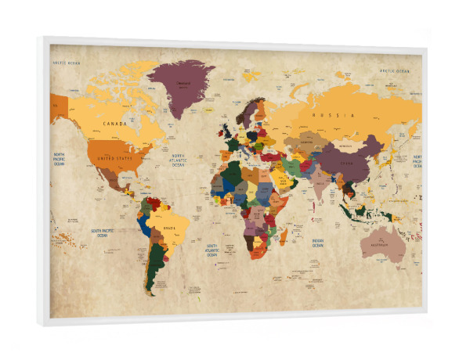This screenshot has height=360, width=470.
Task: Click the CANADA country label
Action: point(114,124)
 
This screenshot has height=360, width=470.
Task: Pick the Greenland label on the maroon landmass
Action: point(184,82)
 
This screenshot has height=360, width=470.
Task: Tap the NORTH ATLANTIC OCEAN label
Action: point(179,160)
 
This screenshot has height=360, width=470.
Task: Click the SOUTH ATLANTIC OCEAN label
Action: point(212,250)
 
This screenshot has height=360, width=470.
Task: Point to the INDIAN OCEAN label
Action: point(317,243)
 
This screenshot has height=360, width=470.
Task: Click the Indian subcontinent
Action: point(320,185)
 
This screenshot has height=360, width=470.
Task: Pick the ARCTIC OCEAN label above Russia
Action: point(395,71)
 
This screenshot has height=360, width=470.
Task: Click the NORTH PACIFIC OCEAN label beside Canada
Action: point(60,160)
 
